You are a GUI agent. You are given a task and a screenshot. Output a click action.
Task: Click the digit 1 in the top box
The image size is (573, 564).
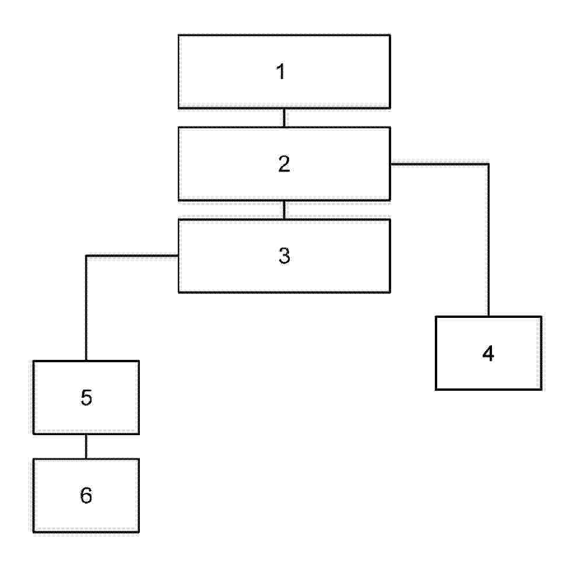tap(280, 71)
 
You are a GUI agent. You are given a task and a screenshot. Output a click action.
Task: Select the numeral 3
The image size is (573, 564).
tap(284, 255)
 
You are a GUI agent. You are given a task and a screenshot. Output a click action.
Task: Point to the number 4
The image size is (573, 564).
tap(488, 353)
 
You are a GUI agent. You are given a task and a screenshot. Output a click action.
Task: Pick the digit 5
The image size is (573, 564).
tap(86, 398)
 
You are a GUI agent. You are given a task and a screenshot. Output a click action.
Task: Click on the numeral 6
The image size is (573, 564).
tap(86, 495)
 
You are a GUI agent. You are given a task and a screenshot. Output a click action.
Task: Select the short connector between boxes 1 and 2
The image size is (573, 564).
tap(284, 118)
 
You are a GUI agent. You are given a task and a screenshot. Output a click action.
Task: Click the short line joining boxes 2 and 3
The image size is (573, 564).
tap(284, 210)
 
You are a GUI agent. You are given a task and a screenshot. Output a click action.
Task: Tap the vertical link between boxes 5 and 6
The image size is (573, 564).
tap(86, 447)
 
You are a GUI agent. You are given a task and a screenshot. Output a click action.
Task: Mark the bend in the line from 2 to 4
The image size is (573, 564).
tap(488, 164)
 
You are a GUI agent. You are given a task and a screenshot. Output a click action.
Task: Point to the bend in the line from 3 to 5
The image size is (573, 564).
tap(86, 255)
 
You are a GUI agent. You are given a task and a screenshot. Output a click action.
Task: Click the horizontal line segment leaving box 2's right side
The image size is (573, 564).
tap(440, 164)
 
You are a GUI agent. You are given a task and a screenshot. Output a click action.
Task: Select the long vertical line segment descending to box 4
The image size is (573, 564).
tap(488, 240)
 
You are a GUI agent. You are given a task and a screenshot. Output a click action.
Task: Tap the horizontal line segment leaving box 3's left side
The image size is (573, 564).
tap(132, 255)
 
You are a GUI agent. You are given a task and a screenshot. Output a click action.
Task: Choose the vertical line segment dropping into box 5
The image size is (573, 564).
tap(86, 308)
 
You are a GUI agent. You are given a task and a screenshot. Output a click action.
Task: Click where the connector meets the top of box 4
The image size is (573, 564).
tap(488, 316)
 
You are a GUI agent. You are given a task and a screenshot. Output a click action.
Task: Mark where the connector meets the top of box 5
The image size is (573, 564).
tap(86, 360)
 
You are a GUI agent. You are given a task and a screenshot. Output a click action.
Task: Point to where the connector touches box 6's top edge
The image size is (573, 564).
tap(86, 458)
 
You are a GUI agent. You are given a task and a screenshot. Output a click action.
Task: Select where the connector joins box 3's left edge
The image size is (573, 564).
tap(179, 255)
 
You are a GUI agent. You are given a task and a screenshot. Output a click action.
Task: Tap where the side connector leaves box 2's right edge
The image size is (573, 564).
tap(391, 164)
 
